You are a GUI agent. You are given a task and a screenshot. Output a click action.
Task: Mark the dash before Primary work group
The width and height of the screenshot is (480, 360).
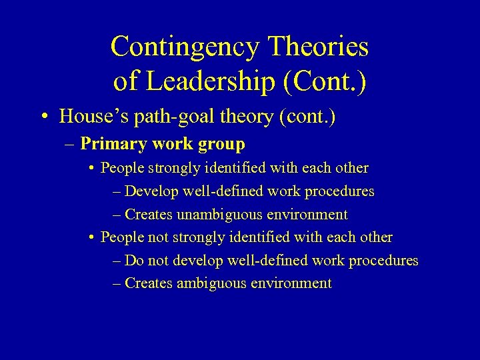click(x=71, y=144)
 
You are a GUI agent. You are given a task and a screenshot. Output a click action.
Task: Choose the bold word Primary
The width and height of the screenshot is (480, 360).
click(x=109, y=144)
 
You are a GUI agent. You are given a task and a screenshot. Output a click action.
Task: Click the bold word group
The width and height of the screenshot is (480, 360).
click(x=223, y=144)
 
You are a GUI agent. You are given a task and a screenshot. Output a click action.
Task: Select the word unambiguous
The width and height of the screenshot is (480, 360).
click(x=216, y=215)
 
